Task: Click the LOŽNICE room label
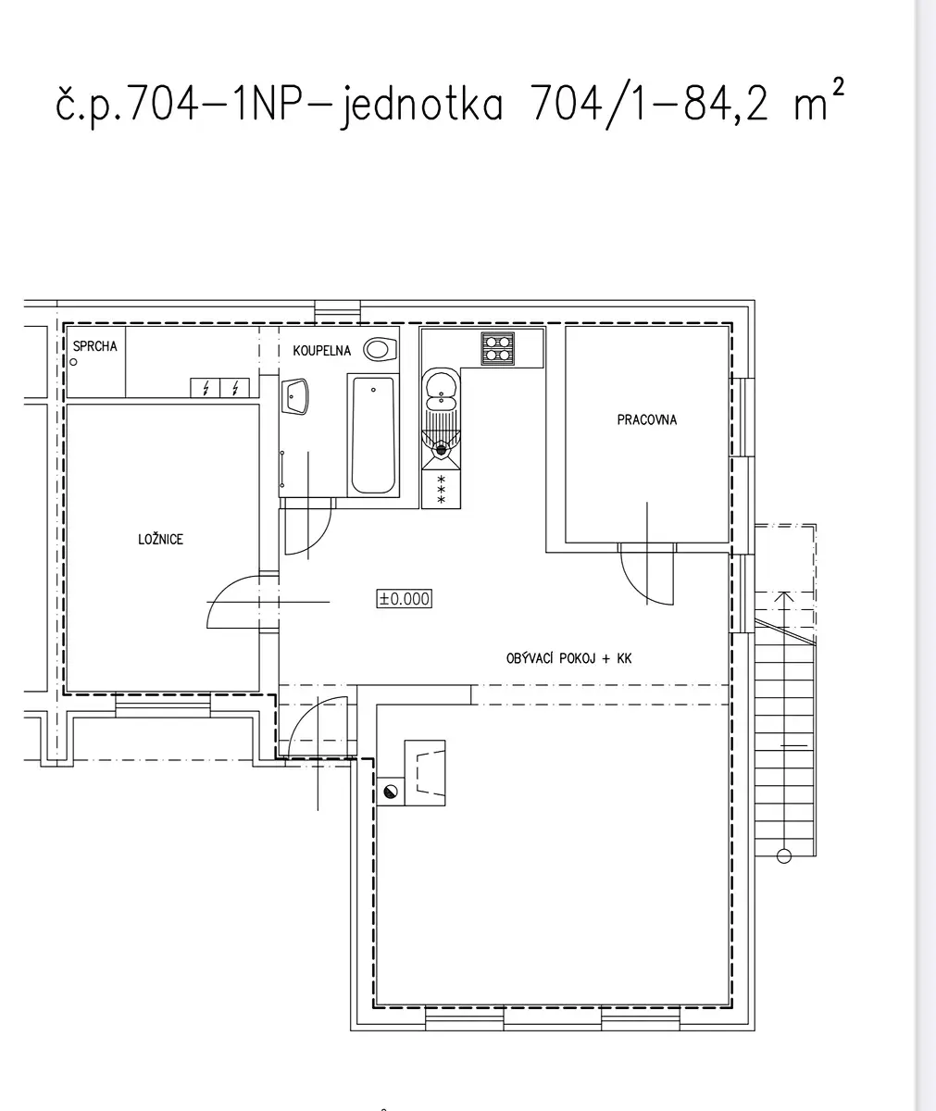click(160, 540)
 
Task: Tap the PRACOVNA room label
click(646, 419)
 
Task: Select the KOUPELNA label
click(321, 351)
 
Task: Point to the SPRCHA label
click(94, 346)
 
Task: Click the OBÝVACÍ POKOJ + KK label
click(568, 658)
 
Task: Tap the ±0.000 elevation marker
click(404, 599)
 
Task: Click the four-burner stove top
click(497, 348)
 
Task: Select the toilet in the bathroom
click(380, 350)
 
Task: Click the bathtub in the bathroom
click(373, 435)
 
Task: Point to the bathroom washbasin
click(294, 396)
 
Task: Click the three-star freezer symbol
click(441, 489)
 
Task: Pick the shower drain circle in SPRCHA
click(73, 362)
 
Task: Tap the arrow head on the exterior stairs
click(784, 596)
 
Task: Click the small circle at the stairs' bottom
click(784, 856)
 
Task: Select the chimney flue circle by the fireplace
click(391, 792)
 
